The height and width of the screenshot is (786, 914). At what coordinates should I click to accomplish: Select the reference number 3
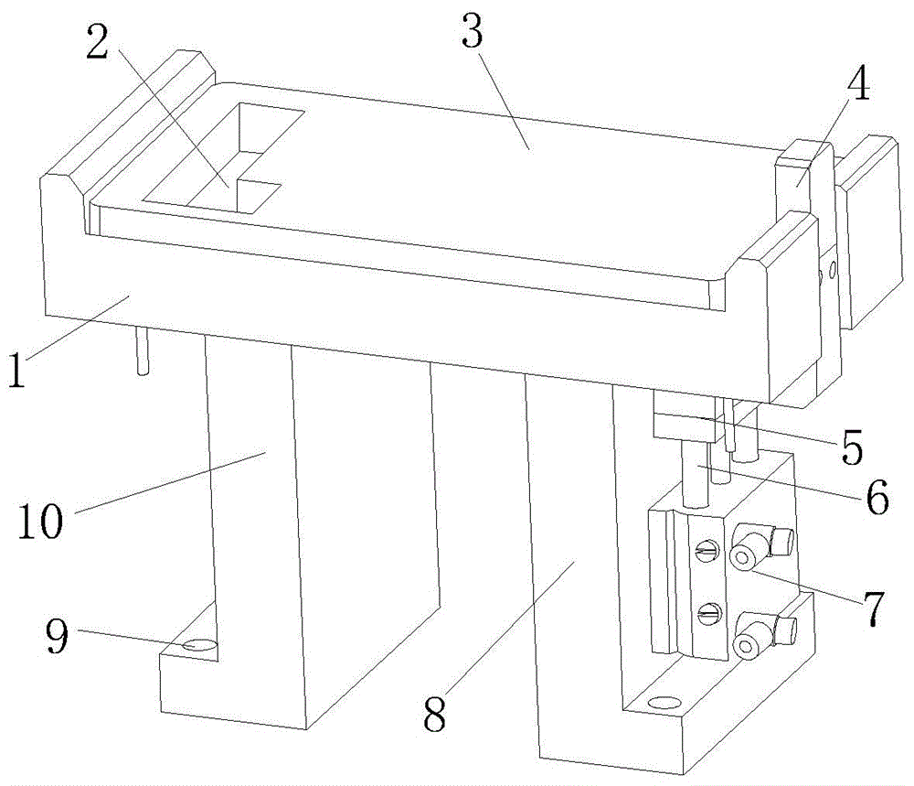pos(473,30)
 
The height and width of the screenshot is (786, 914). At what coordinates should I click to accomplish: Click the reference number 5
pos(852,447)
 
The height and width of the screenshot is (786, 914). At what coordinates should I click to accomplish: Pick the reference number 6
pos(877,497)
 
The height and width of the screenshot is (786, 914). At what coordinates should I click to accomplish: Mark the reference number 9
pos(58,635)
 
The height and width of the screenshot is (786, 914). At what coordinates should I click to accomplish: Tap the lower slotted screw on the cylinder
pos(709,612)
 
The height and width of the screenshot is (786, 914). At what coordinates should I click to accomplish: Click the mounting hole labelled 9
pos(199,645)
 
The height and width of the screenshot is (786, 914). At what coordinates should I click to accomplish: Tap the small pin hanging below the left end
pos(143,350)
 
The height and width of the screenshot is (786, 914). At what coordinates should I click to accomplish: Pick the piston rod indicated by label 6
pos(695,475)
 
